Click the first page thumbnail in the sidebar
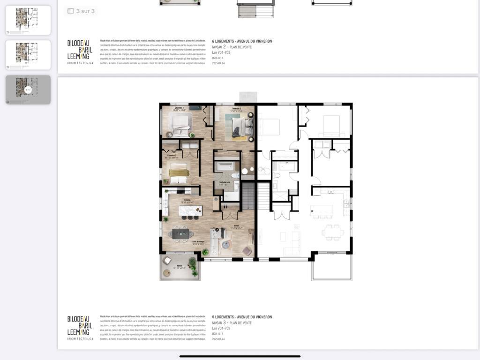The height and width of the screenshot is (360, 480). click(28, 20)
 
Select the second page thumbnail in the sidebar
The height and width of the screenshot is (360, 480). click(28, 55)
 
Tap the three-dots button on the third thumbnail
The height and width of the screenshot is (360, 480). click(28, 90)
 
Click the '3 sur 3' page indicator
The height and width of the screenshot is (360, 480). click(81, 11)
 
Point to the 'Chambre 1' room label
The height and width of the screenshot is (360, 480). click(179, 108)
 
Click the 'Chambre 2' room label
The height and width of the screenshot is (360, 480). click(236, 109)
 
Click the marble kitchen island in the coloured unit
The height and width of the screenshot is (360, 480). click(190, 211)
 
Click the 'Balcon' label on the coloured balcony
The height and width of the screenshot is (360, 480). click(180, 266)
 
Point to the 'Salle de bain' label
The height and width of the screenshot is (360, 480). click(225, 182)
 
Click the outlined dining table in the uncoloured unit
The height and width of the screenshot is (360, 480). click(332, 231)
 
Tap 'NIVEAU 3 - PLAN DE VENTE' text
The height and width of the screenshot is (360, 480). click(232, 323)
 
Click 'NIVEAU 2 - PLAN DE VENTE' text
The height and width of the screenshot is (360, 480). click(232, 47)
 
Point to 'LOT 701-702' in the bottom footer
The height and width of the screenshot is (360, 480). click(221, 329)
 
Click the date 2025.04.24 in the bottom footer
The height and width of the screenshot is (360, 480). click(218, 339)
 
